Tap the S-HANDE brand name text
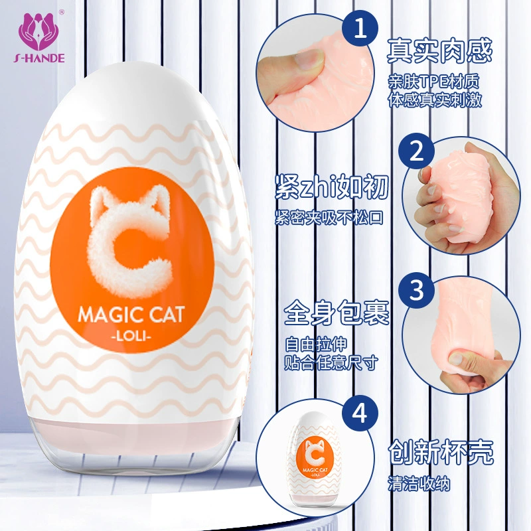click(x=39, y=58)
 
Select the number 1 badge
click(x=360, y=29)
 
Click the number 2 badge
click(x=416, y=151)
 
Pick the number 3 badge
click(x=416, y=290)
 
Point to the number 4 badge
click(x=360, y=414)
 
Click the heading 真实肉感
click(x=439, y=52)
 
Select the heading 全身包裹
click(x=337, y=313)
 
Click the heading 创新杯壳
click(x=441, y=452)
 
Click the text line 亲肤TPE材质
click(x=434, y=82)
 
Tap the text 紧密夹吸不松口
click(x=329, y=218)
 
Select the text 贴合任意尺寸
click(x=331, y=362)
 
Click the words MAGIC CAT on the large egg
click(x=131, y=315)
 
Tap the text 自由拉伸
click(x=316, y=344)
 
